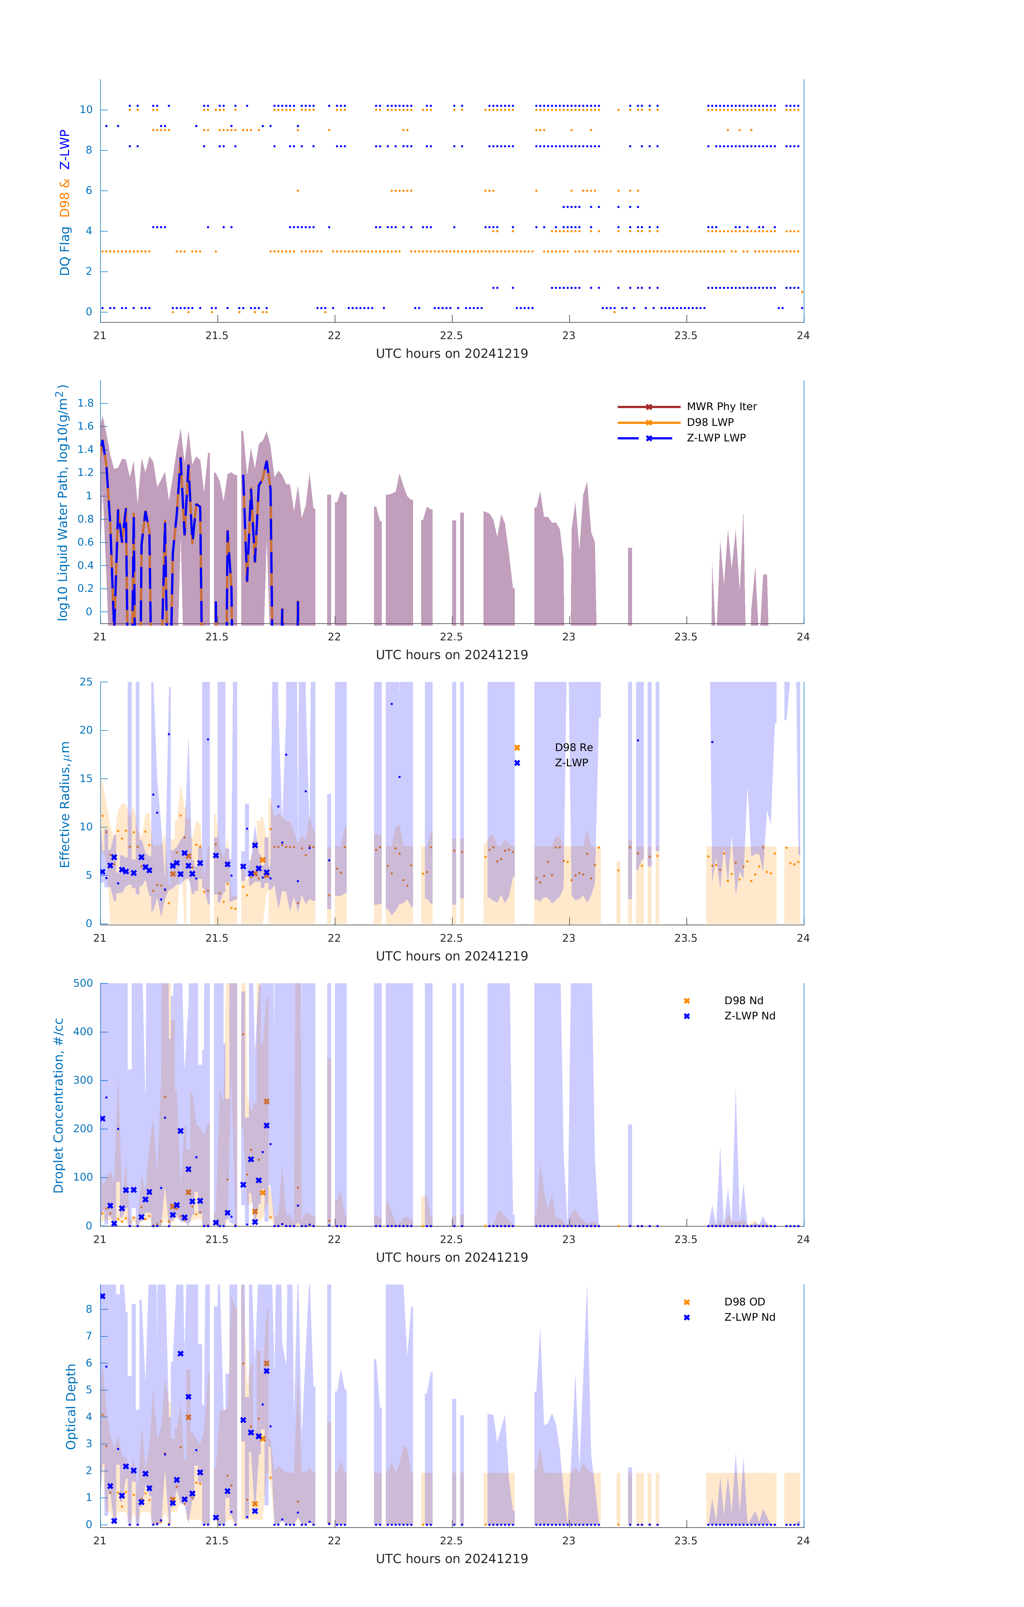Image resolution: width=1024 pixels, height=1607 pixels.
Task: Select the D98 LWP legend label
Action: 710,422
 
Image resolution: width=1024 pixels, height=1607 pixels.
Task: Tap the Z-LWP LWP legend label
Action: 716,438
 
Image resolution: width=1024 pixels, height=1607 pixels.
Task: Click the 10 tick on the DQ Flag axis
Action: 86,110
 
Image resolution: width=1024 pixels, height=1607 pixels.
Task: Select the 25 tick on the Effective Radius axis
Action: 86,682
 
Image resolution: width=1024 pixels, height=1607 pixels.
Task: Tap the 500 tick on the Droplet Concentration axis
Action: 83,983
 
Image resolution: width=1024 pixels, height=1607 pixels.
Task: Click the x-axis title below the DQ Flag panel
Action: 452,354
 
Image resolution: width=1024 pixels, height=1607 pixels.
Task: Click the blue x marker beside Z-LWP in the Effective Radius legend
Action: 517,763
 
